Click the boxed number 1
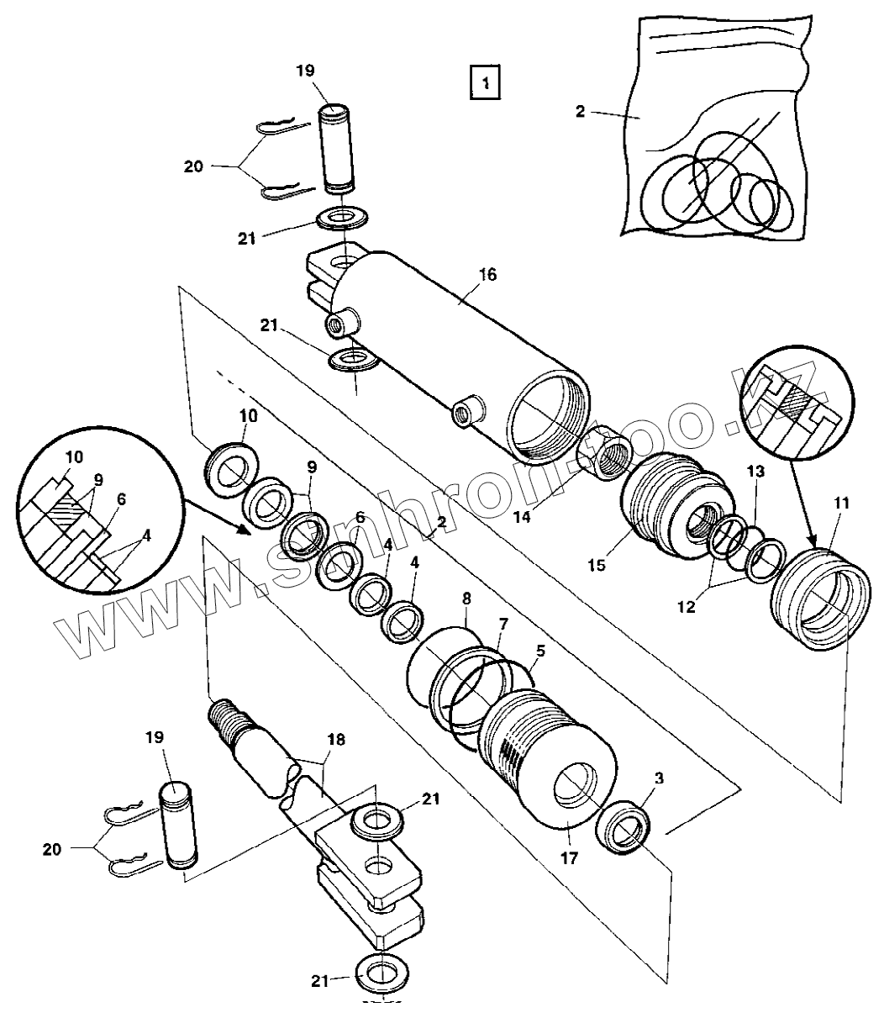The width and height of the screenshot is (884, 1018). coord(485,82)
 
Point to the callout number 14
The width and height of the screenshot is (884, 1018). coord(522,517)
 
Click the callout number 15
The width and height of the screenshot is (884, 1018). coord(597,565)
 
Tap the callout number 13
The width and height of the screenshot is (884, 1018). coord(755,472)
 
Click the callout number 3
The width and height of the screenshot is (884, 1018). coord(659,778)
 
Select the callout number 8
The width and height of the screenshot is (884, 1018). coord(466,598)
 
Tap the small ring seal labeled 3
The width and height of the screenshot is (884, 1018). coord(623,828)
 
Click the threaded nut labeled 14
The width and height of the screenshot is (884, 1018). coord(604,452)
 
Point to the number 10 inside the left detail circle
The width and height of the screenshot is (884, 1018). coord(74,457)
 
